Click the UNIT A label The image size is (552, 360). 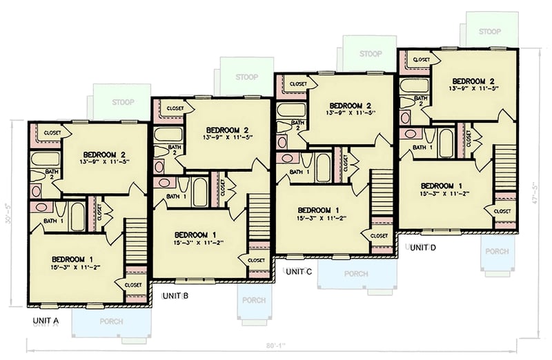46,321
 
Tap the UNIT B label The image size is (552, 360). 175,296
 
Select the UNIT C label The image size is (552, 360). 299,272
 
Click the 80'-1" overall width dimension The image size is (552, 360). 274,348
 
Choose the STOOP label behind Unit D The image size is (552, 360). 489,31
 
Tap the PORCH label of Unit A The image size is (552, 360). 111,321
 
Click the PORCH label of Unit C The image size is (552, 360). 356,274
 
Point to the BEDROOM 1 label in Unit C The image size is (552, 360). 318,210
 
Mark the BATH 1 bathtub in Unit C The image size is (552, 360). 323,168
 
